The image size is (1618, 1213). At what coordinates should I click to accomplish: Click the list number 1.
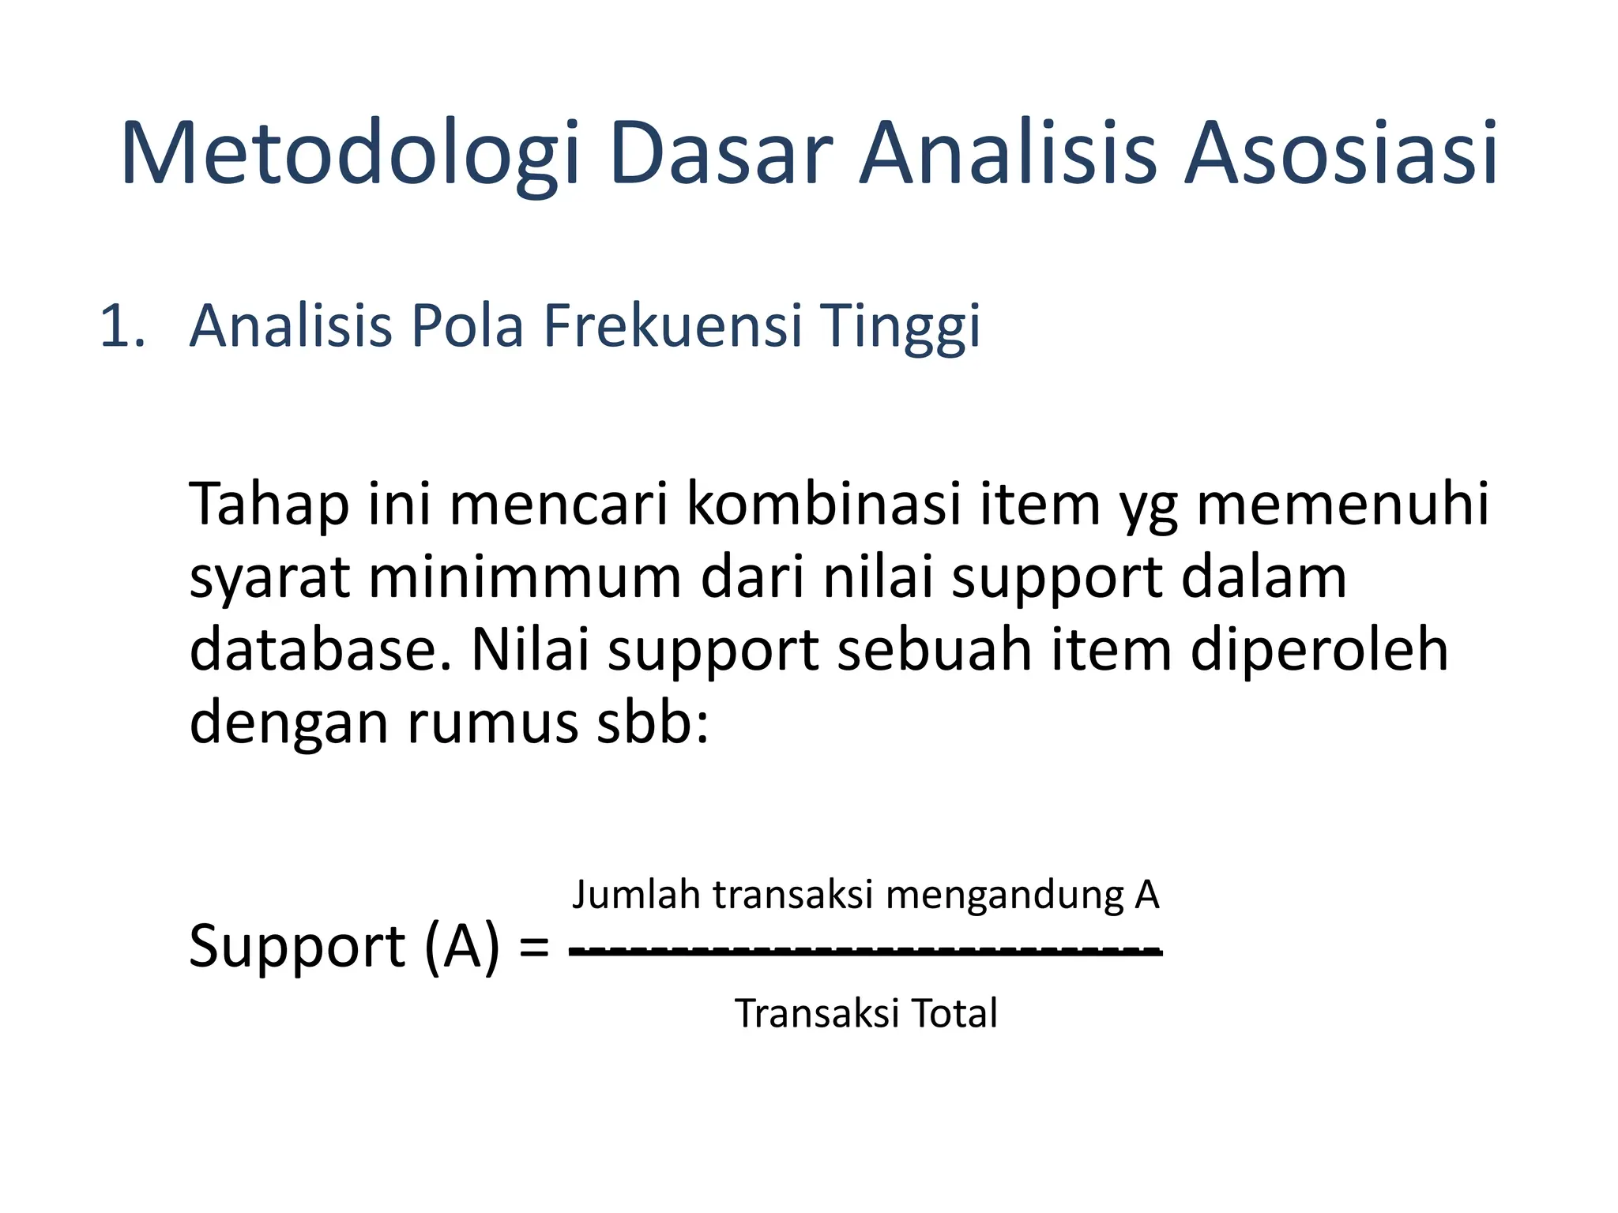tap(122, 326)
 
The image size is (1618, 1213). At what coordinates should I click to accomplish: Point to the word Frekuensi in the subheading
tap(672, 326)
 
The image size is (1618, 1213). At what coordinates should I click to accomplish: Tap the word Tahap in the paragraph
tap(269, 505)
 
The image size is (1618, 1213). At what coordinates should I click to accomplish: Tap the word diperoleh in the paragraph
tap(1319, 652)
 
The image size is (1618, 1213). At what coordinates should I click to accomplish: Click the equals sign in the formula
tap(534, 948)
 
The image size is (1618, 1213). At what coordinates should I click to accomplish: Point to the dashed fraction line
tap(865, 951)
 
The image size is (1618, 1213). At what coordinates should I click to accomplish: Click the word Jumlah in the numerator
tap(636, 895)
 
